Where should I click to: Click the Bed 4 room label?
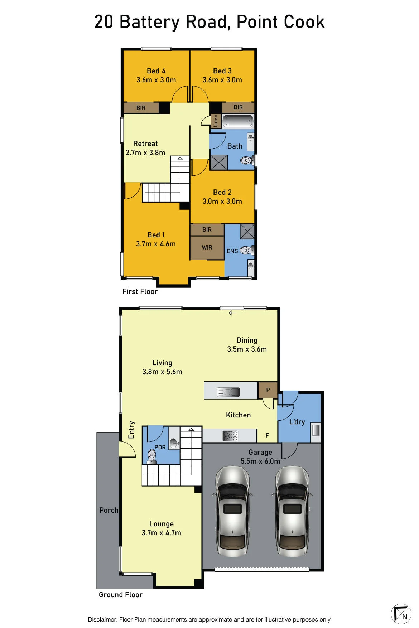pyautogui.click(x=156, y=71)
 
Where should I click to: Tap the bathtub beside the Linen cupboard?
pyautogui.click(x=238, y=121)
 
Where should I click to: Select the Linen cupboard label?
pyautogui.click(x=216, y=121)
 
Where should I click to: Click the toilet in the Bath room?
pyautogui.click(x=246, y=160)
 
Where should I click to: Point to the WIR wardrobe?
pyautogui.click(x=207, y=247)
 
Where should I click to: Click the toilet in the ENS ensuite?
pyautogui.click(x=246, y=250)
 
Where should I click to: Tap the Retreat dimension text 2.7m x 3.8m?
pyautogui.click(x=145, y=153)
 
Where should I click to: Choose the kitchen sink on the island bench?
pyautogui.click(x=228, y=392)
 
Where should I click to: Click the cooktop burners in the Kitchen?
pyautogui.click(x=230, y=436)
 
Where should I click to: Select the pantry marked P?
pyautogui.click(x=268, y=390)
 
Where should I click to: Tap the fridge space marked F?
pyautogui.click(x=267, y=435)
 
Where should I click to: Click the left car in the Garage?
pyautogui.click(x=232, y=511)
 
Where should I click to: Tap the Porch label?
pyautogui.click(x=109, y=510)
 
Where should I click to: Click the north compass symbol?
pyautogui.click(x=401, y=614)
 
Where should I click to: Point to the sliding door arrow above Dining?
pyautogui.click(x=233, y=313)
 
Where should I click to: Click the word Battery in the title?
pyautogui.click(x=149, y=22)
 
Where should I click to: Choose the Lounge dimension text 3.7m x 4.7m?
pyautogui.click(x=162, y=533)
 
